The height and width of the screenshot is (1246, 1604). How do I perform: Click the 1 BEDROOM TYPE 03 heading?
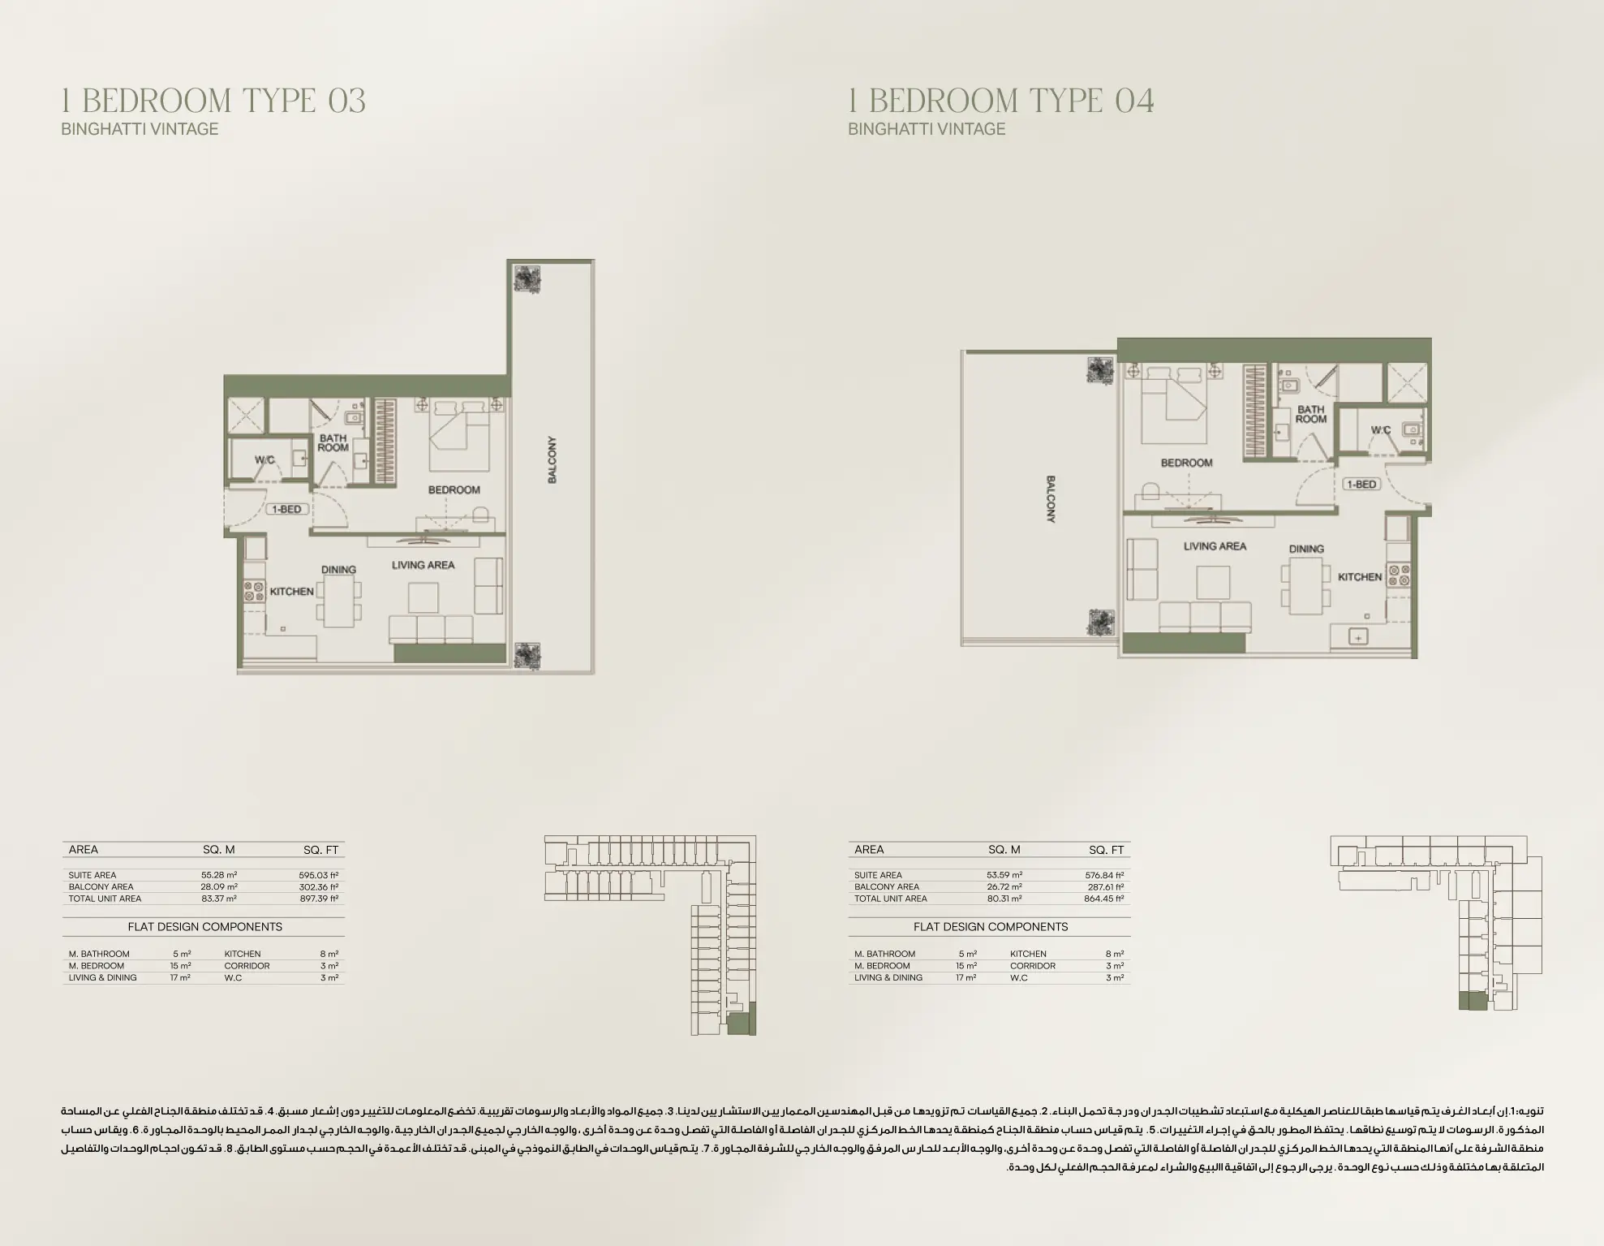point(213,101)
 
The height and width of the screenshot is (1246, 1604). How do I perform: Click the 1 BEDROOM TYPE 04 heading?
point(1000,101)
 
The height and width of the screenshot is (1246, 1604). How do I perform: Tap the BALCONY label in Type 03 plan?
point(553,460)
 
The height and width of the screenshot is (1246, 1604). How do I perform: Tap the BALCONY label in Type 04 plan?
point(1051,499)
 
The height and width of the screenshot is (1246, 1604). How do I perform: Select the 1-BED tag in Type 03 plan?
point(286,509)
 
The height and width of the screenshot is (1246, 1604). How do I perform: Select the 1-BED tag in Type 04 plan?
point(1361,484)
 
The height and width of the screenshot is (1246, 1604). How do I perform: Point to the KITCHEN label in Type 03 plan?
point(291,592)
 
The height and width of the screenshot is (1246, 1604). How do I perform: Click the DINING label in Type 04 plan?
point(1306,549)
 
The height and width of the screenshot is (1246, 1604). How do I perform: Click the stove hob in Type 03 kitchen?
point(255,590)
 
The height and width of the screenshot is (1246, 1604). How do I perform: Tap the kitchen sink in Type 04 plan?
point(1357,637)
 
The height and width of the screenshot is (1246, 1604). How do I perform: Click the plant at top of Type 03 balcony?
point(528,278)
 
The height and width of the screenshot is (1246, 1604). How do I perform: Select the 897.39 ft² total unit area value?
point(318,899)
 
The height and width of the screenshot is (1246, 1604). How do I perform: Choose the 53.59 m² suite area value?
point(1004,875)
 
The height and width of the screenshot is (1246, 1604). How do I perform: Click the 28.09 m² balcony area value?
point(219,887)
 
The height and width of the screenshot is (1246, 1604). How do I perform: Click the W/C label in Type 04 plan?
point(1380,430)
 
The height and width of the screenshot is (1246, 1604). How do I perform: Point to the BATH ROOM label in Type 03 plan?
point(333,442)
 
